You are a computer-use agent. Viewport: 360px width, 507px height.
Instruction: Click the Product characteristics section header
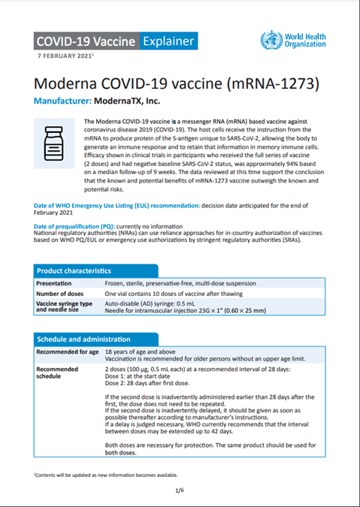75,270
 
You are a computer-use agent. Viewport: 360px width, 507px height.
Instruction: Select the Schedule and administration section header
84,340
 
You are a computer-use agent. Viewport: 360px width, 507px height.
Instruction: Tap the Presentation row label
59,283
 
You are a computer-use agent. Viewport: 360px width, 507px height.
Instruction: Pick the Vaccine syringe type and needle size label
65,308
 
